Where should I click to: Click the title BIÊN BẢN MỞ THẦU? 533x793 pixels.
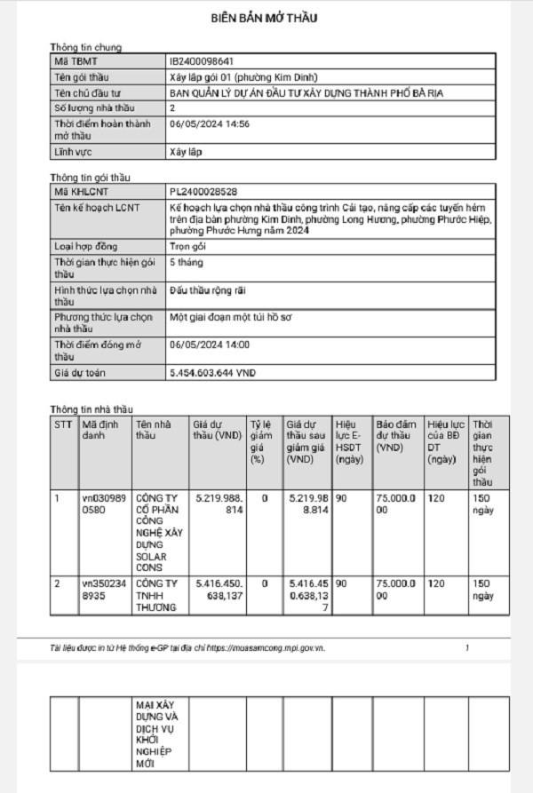[x=264, y=18]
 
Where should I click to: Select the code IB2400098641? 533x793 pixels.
[x=202, y=61]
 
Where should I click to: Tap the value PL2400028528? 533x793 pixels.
[x=203, y=192]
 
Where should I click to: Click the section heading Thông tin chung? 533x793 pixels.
[x=86, y=47]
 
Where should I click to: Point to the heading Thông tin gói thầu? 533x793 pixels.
[x=91, y=178]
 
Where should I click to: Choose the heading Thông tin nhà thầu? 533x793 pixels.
[x=92, y=409]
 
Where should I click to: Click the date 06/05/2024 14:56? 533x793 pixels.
[x=210, y=124]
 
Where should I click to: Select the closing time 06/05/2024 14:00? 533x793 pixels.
[x=210, y=345]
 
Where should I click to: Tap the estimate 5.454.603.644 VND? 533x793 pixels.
[x=212, y=374]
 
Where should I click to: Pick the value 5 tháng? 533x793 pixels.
[x=187, y=263]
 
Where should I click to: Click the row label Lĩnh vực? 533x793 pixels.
[x=75, y=152]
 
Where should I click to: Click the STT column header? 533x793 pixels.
[x=62, y=424]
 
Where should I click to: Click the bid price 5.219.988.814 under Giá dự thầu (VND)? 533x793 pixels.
[x=218, y=504]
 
